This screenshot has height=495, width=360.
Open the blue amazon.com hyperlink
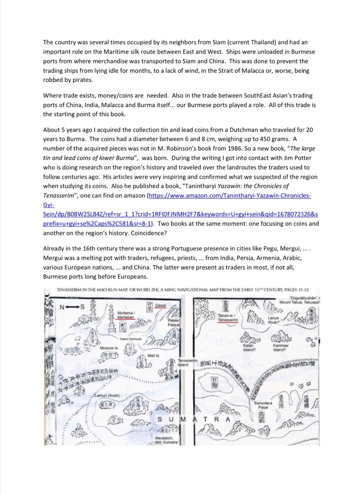coord(230,196)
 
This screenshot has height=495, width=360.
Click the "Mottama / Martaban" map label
coord(126,315)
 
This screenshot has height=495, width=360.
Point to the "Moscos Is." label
coord(109,348)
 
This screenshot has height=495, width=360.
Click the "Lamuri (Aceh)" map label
coord(107,395)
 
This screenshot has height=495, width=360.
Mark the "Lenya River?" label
coord(273,320)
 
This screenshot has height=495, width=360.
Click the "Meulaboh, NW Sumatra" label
coord(166,440)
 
